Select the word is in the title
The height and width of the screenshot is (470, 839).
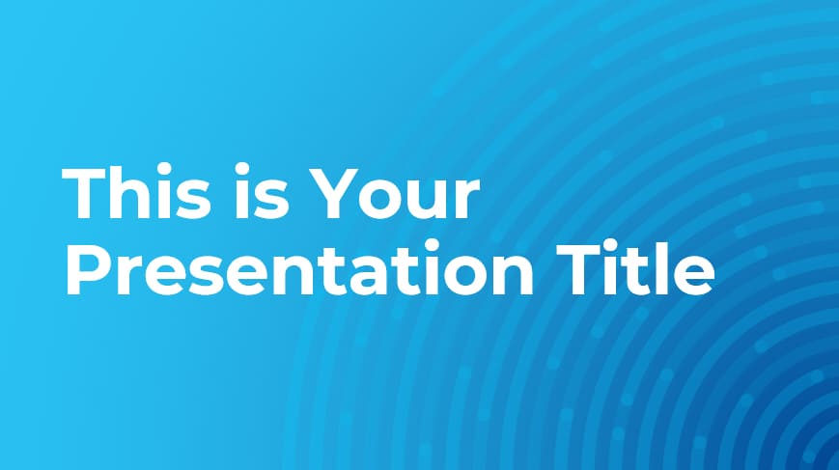pos(259,191)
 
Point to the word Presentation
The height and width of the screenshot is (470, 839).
pos(299,268)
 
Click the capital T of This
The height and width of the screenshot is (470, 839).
pos(85,193)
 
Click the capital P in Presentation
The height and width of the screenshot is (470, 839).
pos(88,269)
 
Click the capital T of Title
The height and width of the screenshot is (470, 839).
pos(578,269)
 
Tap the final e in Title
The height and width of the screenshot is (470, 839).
pos(693,275)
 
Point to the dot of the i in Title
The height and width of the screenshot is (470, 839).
pos(611,245)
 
